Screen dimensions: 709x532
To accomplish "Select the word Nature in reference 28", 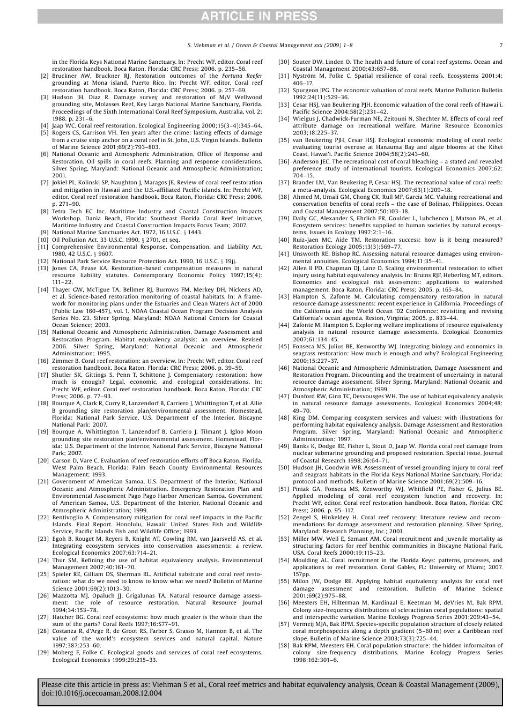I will pyautogui.click(x=252, y=638).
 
